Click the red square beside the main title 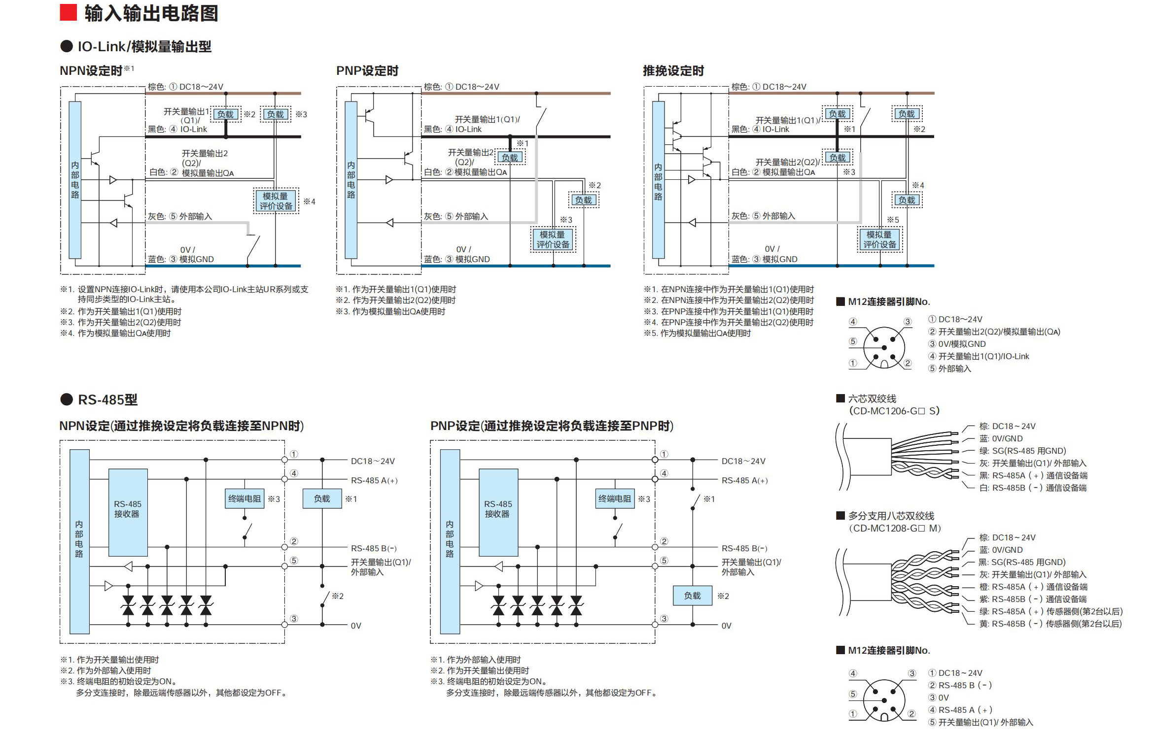pyautogui.click(x=68, y=13)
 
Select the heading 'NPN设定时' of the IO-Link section pyautogui.click(x=91, y=71)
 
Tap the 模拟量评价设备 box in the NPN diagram pyautogui.click(x=276, y=201)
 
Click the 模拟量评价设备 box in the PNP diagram pyautogui.click(x=553, y=239)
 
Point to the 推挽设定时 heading pyautogui.click(x=673, y=71)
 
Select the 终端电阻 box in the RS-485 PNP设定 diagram pyautogui.click(x=614, y=499)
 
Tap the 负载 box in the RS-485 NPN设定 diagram pyautogui.click(x=322, y=499)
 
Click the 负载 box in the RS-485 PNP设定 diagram pyautogui.click(x=692, y=596)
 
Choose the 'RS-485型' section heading pyautogui.click(x=107, y=399)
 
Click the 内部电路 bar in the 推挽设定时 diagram pyautogui.click(x=658, y=180)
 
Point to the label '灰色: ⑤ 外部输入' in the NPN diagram pyautogui.click(x=180, y=216)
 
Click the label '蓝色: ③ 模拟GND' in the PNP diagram pyautogui.click(x=457, y=259)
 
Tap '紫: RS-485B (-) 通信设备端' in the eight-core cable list pyautogui.click(x=1032, y=599)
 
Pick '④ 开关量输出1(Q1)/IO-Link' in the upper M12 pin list pyautogui.click(x=978, y=356)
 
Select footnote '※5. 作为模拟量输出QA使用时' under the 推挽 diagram pyautogui.click(x=697, y=333)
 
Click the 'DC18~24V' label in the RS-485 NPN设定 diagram pyautogui.click(x=373, y=461)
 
